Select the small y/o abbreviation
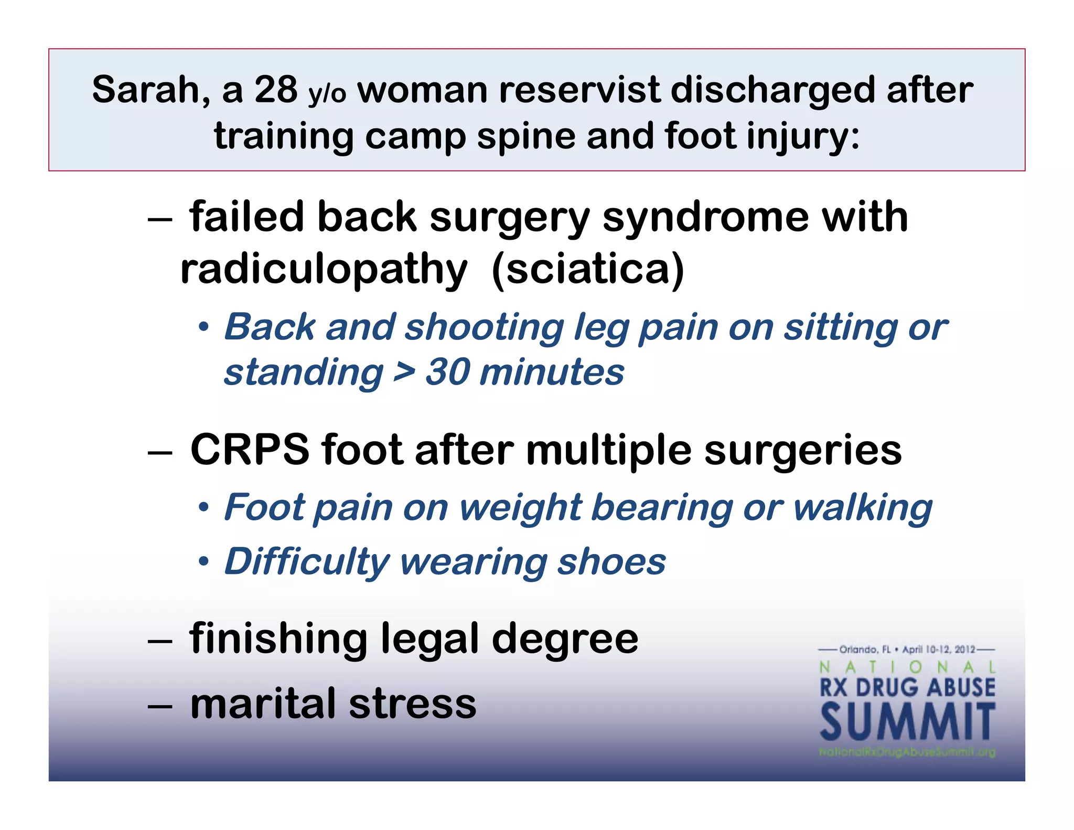coord(327,94)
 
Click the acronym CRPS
coord(250,450)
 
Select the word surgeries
coord(802,451)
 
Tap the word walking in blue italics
coord(863,508)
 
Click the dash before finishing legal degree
coord(160,641)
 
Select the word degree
coord(565,640)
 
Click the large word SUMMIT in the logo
coord(907,722)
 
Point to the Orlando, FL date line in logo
coord(907,650)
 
